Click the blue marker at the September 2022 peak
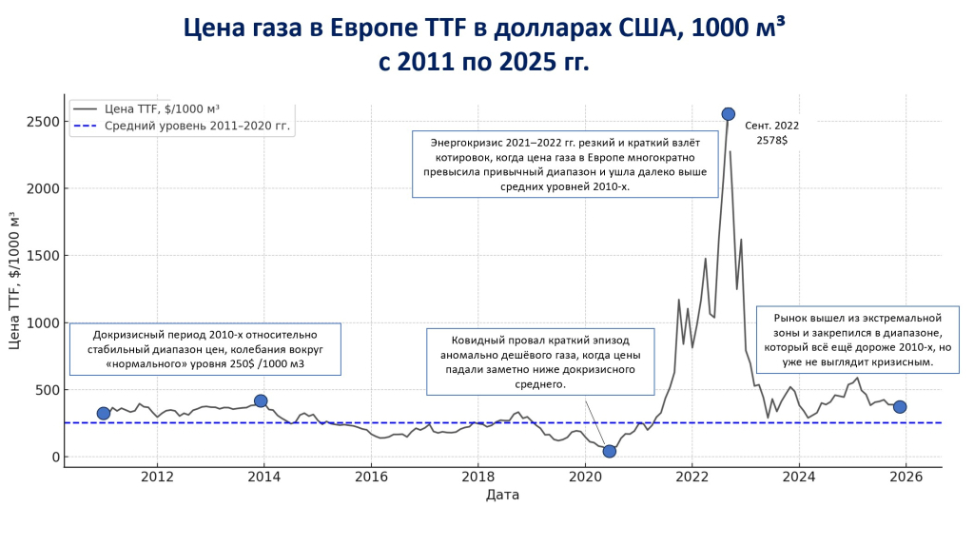[x=728, y=114]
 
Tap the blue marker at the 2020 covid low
[x=609, y=451]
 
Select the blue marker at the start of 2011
[x=104, y=413]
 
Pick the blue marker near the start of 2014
[x=261, y=400]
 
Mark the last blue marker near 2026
[x=900, y=407]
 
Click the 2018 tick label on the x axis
[x=477, y=476]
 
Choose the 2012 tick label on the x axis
[x=157, y=476]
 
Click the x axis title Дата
[x=502, y=495]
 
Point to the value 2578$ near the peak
[x=771, y=140]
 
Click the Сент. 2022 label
[x=772, y=125]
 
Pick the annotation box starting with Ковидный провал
[x=539, y=361]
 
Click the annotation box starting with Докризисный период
[x=205, y=350]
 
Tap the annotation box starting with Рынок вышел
[x=857, y=340]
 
